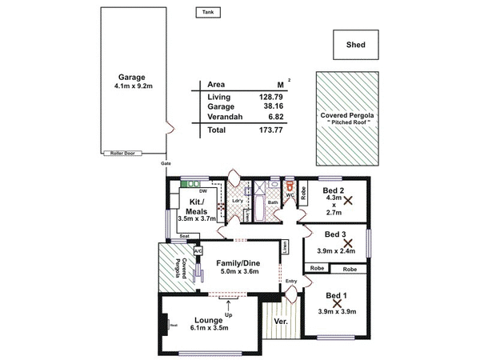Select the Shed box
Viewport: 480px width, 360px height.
click(357, 46)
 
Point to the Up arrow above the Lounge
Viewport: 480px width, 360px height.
click(230, 305)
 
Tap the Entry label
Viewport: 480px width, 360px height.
click(290, 281)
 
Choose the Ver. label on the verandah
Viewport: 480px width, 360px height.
click(280, 321)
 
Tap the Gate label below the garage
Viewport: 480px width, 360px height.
click(166, 163)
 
